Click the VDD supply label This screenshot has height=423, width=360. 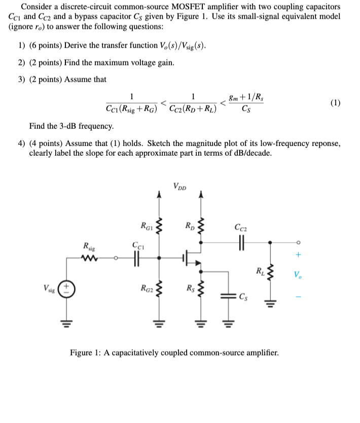(x=179, y=186)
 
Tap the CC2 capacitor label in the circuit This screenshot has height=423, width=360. (x=239, y=227)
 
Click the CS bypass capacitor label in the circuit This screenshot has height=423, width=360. (x=244, y=297)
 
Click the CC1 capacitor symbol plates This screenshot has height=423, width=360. (x=136, y=258)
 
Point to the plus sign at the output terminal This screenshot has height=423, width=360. (x=298, y=255)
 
